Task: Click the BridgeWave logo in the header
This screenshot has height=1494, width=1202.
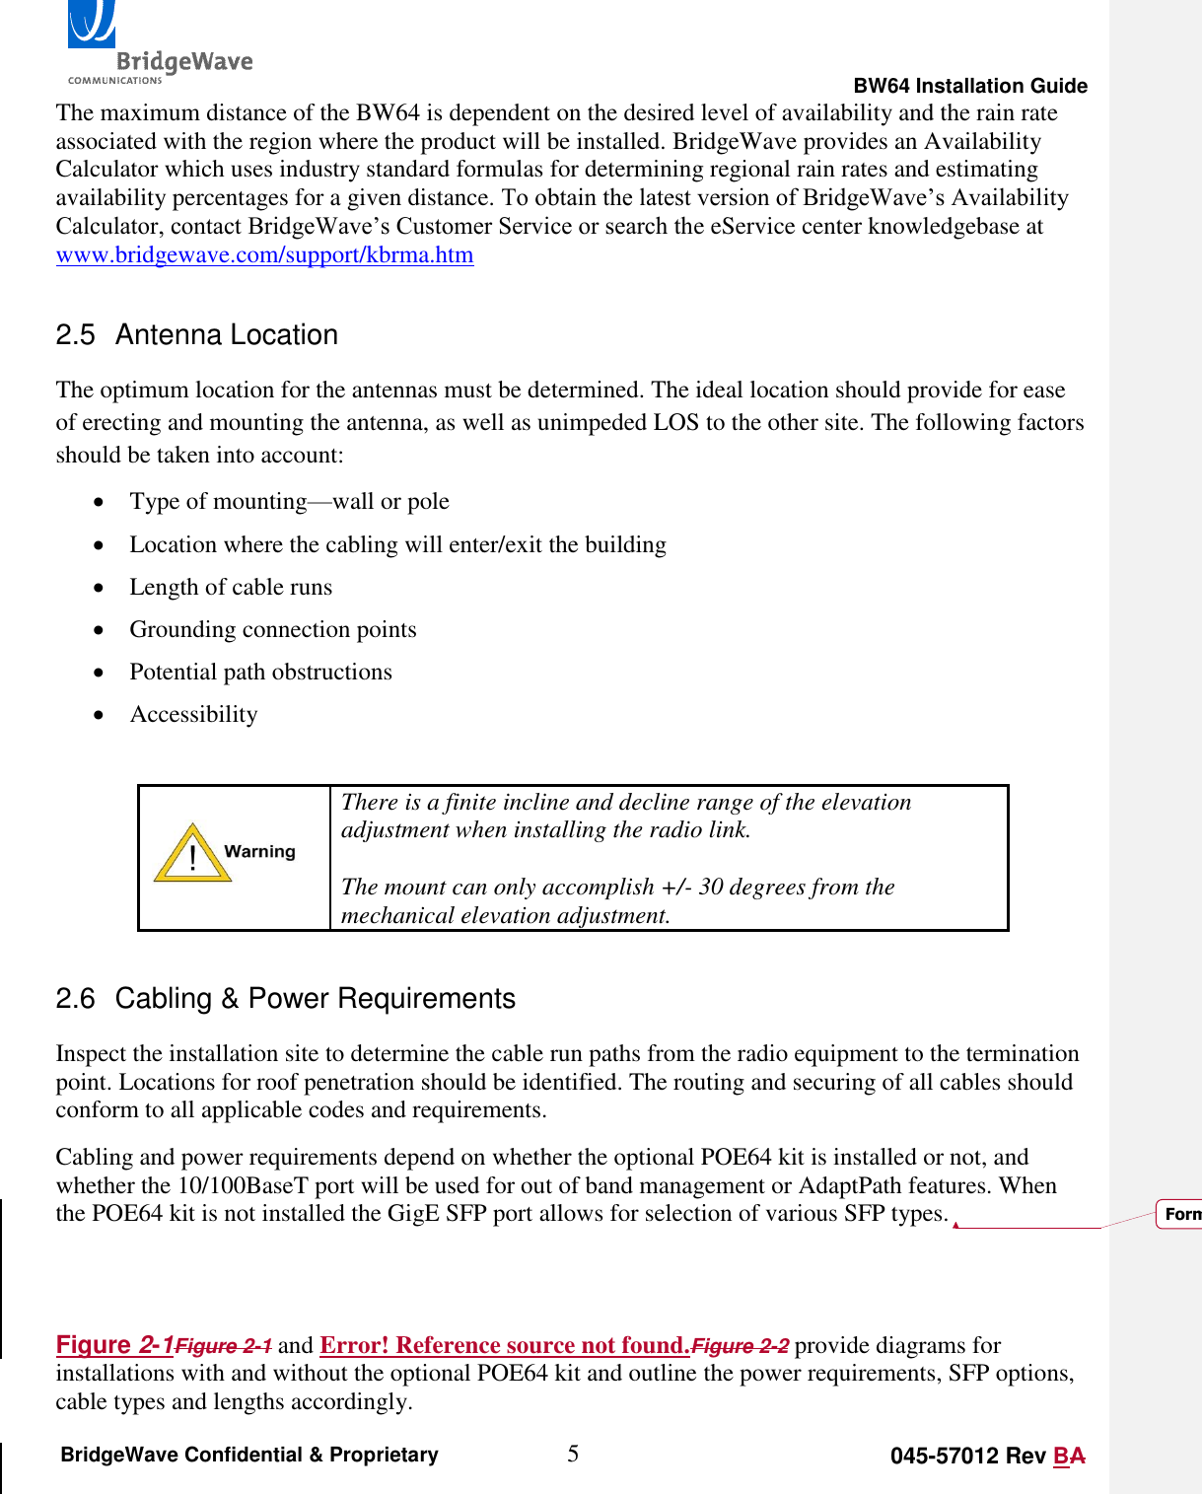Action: click(x=158, y=44)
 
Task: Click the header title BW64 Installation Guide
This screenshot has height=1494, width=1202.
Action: click(x=969, y=86)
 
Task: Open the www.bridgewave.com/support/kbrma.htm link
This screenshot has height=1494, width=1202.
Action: click(x=264, y=254)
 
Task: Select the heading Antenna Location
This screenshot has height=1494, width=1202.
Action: click(x=226, y=335)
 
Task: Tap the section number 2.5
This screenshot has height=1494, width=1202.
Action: click(x=75, y=335)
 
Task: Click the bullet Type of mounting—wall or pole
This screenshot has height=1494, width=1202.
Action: click(x=289, y=501)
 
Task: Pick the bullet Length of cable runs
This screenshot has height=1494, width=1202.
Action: click(x=231, y=587)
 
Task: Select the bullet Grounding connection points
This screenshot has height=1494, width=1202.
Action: click(x=273, y=629)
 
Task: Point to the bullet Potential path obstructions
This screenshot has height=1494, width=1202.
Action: click(x=260, y=672)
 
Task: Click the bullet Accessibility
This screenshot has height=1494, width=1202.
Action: click(x=193, y=714)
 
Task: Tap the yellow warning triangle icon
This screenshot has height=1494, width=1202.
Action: click(x=191, y=854)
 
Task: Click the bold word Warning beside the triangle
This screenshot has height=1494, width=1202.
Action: click(x=259, y=851)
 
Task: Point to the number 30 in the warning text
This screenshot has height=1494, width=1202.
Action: click(x=711, y=887)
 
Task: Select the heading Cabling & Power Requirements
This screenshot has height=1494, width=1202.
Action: click(x=315, y=999)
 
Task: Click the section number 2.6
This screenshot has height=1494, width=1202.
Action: click(x=75, y=999)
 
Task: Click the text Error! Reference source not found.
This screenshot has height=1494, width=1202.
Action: click(x=504, y=1345)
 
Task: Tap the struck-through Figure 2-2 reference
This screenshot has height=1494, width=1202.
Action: click(x=740, y=1346)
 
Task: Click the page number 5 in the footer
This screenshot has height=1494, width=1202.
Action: click(x=573, y=1454)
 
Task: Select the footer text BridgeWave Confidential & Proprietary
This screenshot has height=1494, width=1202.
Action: click(x=249, y=1455)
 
